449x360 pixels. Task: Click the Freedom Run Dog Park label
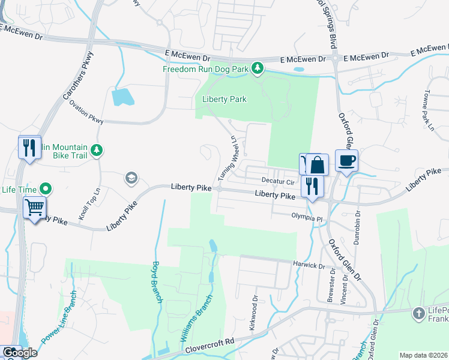[205, 69]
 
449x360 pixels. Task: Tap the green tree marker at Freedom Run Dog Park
[258, 68]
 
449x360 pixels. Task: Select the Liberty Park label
[224, 99]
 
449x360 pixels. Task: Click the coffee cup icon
[347, 161]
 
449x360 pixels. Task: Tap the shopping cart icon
[34, 208]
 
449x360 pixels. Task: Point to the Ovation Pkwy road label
[86, 112]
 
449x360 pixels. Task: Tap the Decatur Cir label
[276, 181]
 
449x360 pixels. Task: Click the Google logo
[19, 353]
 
